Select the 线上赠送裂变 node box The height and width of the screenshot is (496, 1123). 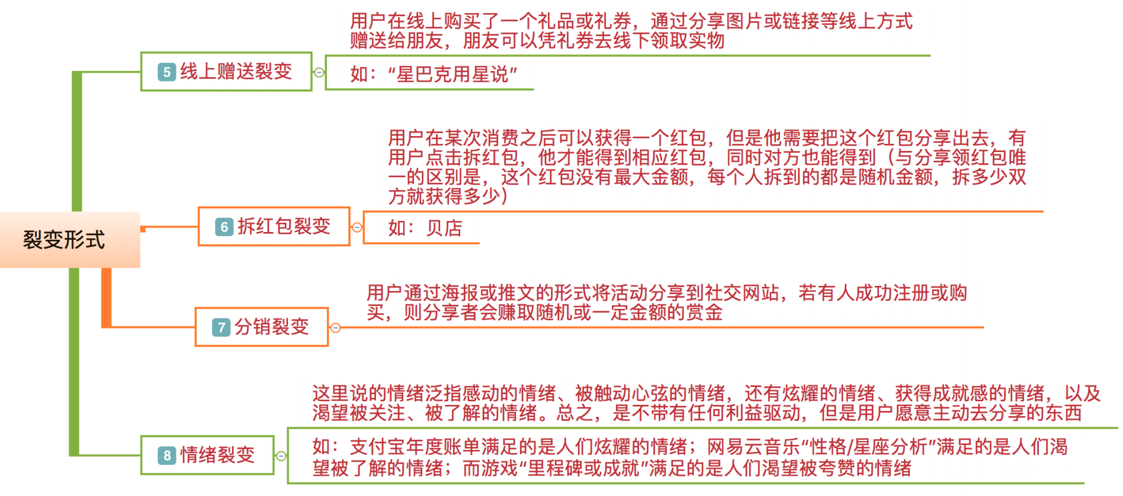[226, 72]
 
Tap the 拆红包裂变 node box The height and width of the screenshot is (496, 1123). [274, 226]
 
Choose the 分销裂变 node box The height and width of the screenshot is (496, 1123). [261, 327]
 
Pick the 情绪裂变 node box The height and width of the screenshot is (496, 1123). [207, 455]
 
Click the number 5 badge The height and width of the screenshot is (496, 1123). [166, 72]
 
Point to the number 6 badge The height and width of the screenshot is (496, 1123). [224, 227]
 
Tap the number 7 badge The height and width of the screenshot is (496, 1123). [221, 327]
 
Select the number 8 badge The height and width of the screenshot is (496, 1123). [166, 456]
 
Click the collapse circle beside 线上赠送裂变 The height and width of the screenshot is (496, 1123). [319, 72]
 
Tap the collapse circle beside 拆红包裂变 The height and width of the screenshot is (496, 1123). [357, 227]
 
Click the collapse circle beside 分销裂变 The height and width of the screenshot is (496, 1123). [335, 327]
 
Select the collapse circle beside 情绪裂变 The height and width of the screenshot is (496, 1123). [281, 456]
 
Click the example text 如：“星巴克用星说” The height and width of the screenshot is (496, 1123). [434, 75]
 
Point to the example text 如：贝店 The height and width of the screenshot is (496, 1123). [425, 228]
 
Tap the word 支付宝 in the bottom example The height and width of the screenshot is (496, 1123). [378, 447]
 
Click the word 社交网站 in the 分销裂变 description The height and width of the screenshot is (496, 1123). [740, 293]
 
